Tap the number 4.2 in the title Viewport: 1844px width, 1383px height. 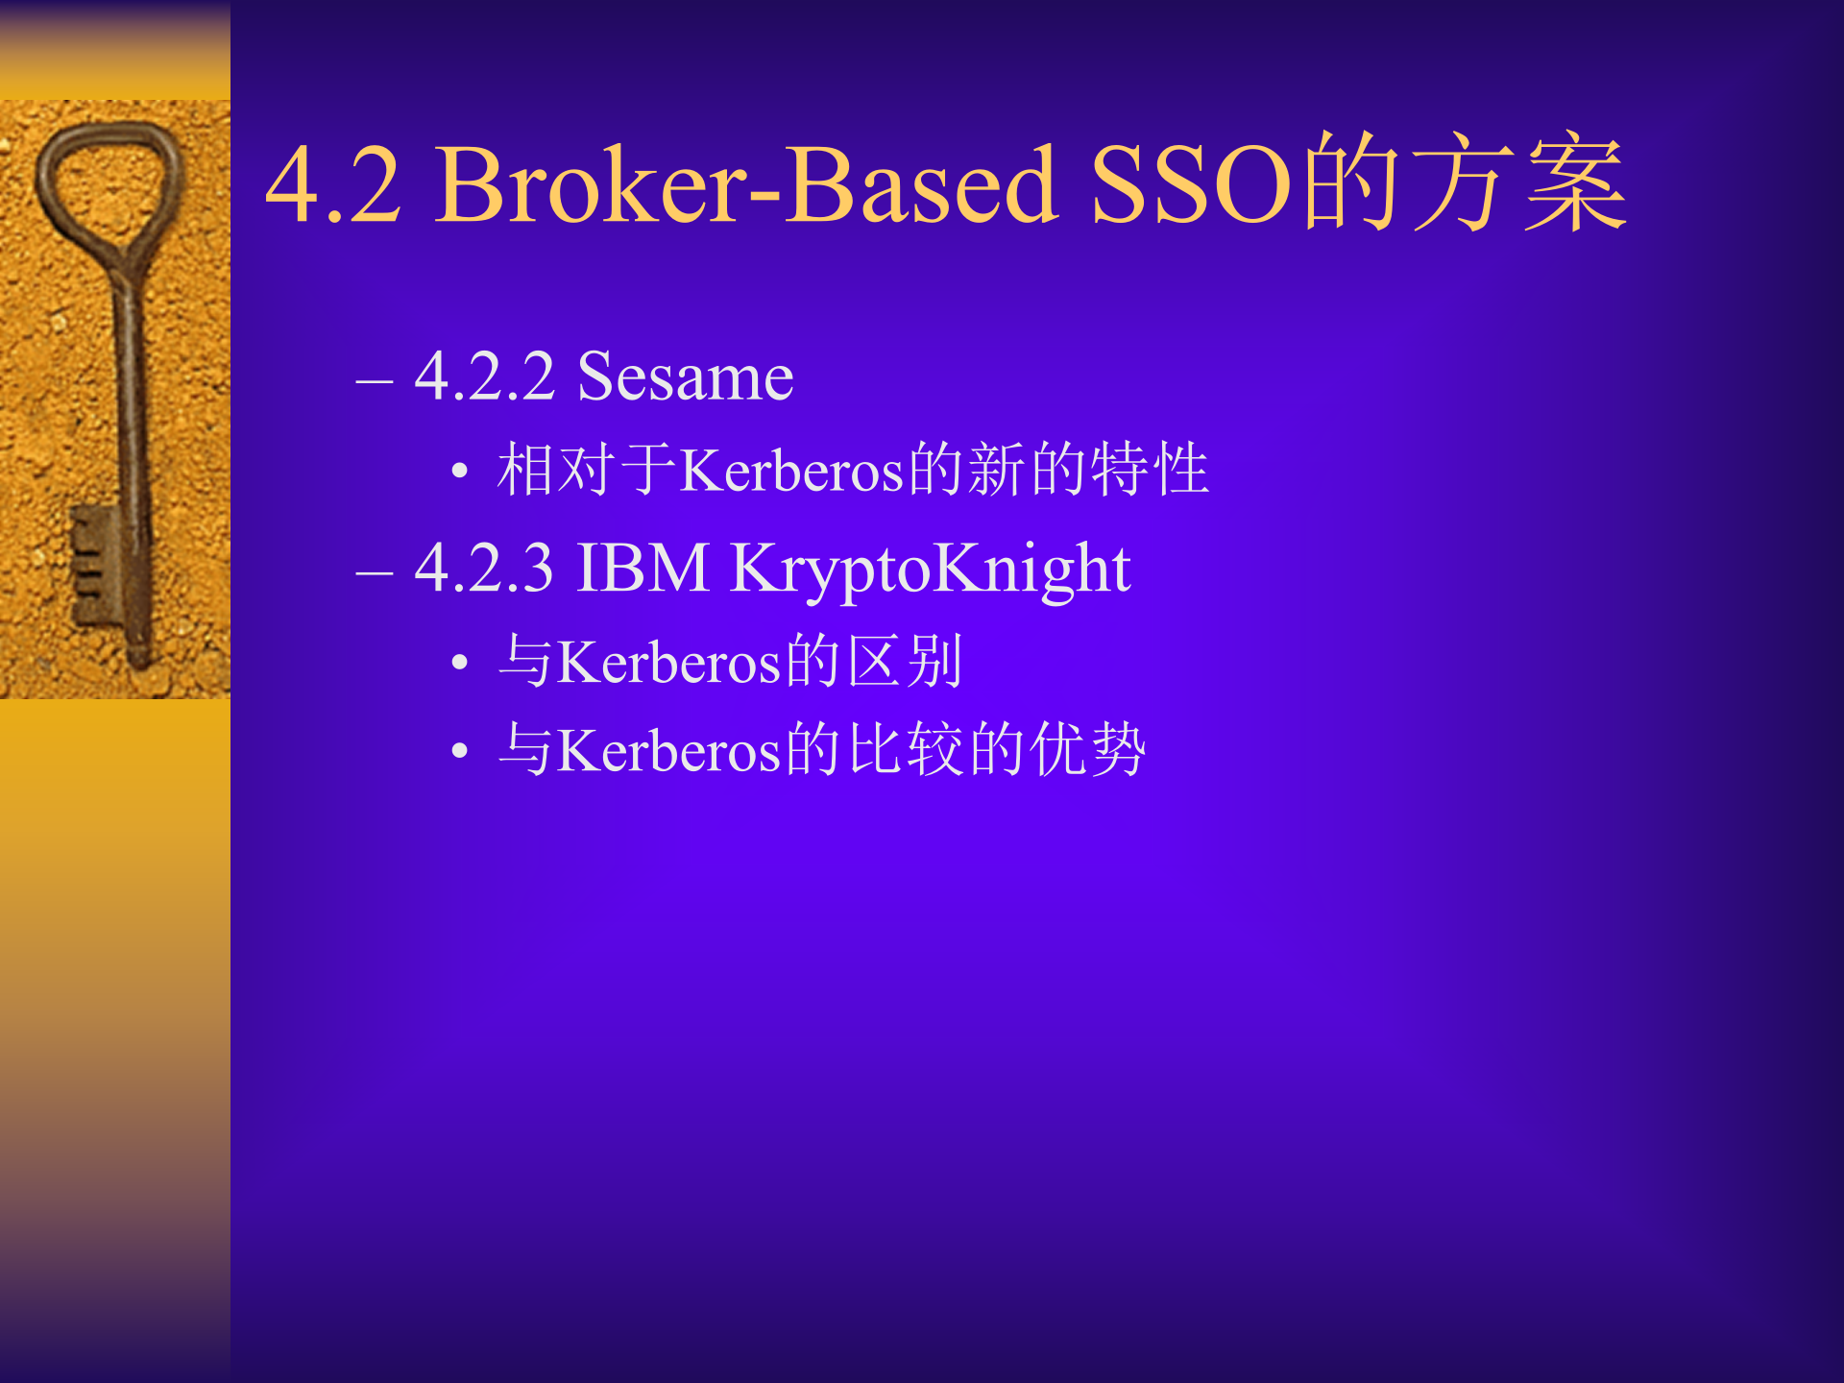332,184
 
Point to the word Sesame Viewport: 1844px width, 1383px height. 685,376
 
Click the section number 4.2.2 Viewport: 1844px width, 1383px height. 484,376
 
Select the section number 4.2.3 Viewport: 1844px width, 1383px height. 484,568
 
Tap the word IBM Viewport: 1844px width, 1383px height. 643,568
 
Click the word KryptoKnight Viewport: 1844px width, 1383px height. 930,570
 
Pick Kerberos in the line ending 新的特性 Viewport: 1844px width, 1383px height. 792,471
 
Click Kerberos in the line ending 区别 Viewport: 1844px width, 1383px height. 669,663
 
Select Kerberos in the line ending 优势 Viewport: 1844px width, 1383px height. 669,750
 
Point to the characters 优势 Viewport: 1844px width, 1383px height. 1087,749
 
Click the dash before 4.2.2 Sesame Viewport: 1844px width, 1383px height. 374,381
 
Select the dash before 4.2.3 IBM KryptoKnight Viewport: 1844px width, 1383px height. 374,573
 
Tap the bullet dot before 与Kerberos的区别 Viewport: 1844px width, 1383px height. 459,663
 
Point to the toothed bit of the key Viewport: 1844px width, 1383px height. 91,567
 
